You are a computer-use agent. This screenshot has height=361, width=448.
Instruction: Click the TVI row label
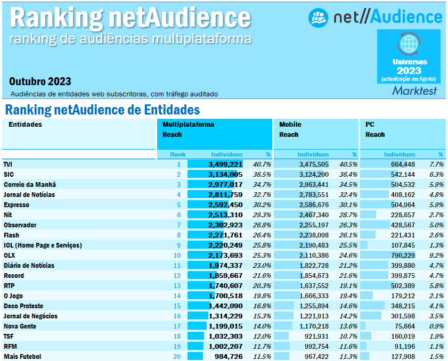click(7, 165)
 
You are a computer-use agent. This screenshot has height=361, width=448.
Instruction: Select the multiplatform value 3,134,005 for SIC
click(225, 175)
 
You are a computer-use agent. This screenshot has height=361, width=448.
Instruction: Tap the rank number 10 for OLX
click(177, 256)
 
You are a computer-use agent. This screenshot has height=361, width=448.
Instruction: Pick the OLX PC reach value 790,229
click(403, 256)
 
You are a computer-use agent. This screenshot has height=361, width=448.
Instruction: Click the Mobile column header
click(290, 125)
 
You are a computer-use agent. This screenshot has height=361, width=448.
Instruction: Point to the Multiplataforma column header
click(188, 125)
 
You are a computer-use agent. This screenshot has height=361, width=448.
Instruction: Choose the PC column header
click(370, 125)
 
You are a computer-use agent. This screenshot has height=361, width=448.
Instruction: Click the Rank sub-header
click(177, 154)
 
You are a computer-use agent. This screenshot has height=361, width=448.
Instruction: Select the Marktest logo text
click(414, 91)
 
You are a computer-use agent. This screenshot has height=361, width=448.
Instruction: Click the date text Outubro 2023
click(40, 81)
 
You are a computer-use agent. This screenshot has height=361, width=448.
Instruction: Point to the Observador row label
click(20, 225)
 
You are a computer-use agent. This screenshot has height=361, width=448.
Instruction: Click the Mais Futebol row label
click(22, 357)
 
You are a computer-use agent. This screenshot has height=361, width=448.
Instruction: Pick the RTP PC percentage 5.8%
click(436, 286)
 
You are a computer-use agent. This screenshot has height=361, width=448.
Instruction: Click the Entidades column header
click(25, 125)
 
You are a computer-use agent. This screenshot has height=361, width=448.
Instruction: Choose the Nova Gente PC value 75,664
click(405, 326)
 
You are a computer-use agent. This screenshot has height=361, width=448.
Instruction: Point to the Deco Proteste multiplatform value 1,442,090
click(225, 306)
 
